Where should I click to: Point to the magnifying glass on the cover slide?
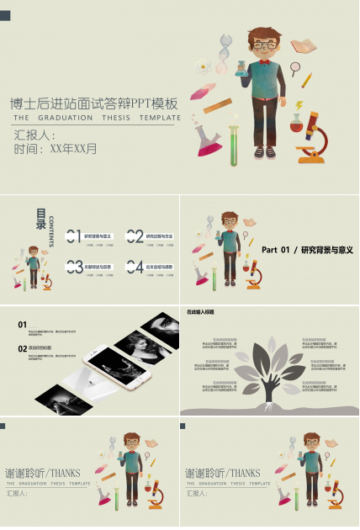tap(295, 68)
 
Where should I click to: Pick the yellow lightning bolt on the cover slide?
tap(299, 106)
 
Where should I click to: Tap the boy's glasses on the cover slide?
tap(263, 44)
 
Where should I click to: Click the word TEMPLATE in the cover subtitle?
tap(160, 118)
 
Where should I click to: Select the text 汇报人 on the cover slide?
tap(34, 135)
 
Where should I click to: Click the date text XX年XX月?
tap(73, 149)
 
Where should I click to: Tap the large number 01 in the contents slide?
tap(73, 236)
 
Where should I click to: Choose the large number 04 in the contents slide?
tap(135, 268)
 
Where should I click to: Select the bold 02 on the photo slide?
tap(23, 347)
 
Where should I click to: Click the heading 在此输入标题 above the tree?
tap(201, 312)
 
